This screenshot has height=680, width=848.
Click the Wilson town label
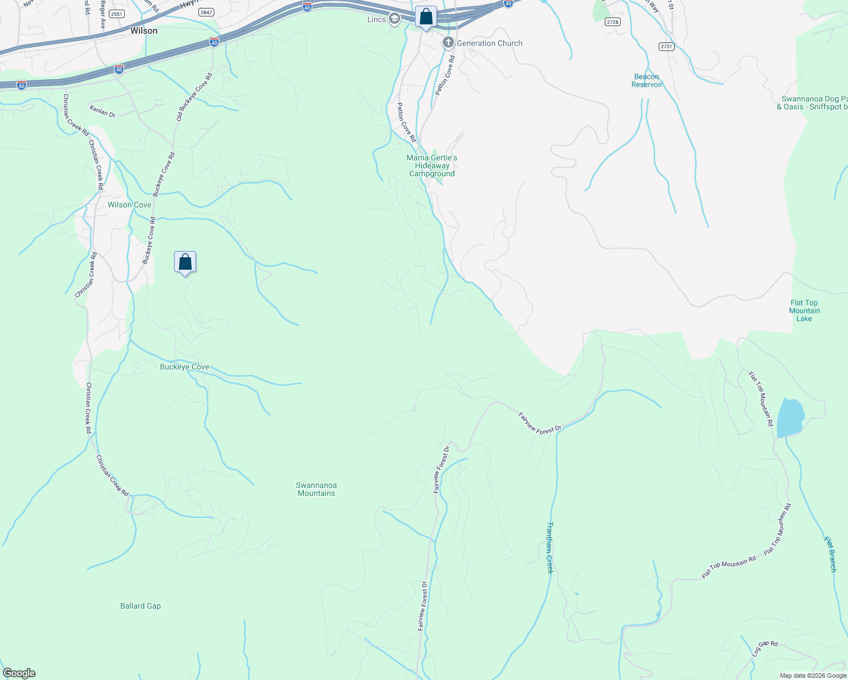tap(144, 31)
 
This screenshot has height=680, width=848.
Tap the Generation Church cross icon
tap(448, 43)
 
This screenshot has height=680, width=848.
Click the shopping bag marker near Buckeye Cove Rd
tap(185, 262)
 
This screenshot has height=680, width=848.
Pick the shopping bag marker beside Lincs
tap(426, 17)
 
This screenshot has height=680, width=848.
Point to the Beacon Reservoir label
tap(647, 80)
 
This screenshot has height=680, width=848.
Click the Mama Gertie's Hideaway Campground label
tap(432, 165)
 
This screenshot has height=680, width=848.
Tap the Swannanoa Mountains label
tap(316, 489)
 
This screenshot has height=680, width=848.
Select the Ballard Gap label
tap(141, 606)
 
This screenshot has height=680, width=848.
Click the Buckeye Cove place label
tap(184, 367)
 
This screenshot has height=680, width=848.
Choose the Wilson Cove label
tap(130, 205)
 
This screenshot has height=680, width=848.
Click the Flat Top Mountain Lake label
tap(804, 311)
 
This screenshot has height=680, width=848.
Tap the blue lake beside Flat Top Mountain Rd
tap(790, 418)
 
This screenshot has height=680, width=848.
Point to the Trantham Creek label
tap(549, 547)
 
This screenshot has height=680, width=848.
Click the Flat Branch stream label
tap(830, 554)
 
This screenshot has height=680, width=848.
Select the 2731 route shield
tap(667, 46)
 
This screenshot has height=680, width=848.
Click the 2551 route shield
tap(117, 14)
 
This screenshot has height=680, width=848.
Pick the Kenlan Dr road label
tap(103, 111)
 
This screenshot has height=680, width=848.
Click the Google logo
tap(19, 673)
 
